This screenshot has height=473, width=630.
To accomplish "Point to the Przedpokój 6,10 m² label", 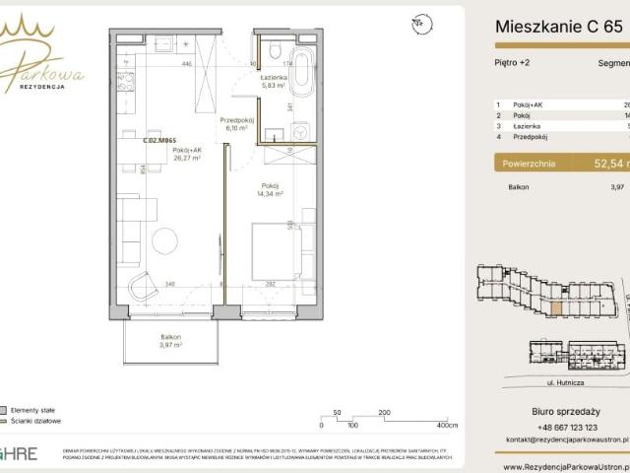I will [x=240, y=124].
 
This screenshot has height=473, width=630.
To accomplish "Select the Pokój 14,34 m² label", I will [x=271, y=190].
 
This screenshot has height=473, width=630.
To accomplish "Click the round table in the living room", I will [x=164, y=240].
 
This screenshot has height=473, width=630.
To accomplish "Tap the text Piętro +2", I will [x=510, y=62].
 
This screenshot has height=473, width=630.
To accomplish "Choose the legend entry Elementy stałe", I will [x=35, y=409].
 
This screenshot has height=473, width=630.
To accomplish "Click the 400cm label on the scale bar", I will [x=447, y=426].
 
